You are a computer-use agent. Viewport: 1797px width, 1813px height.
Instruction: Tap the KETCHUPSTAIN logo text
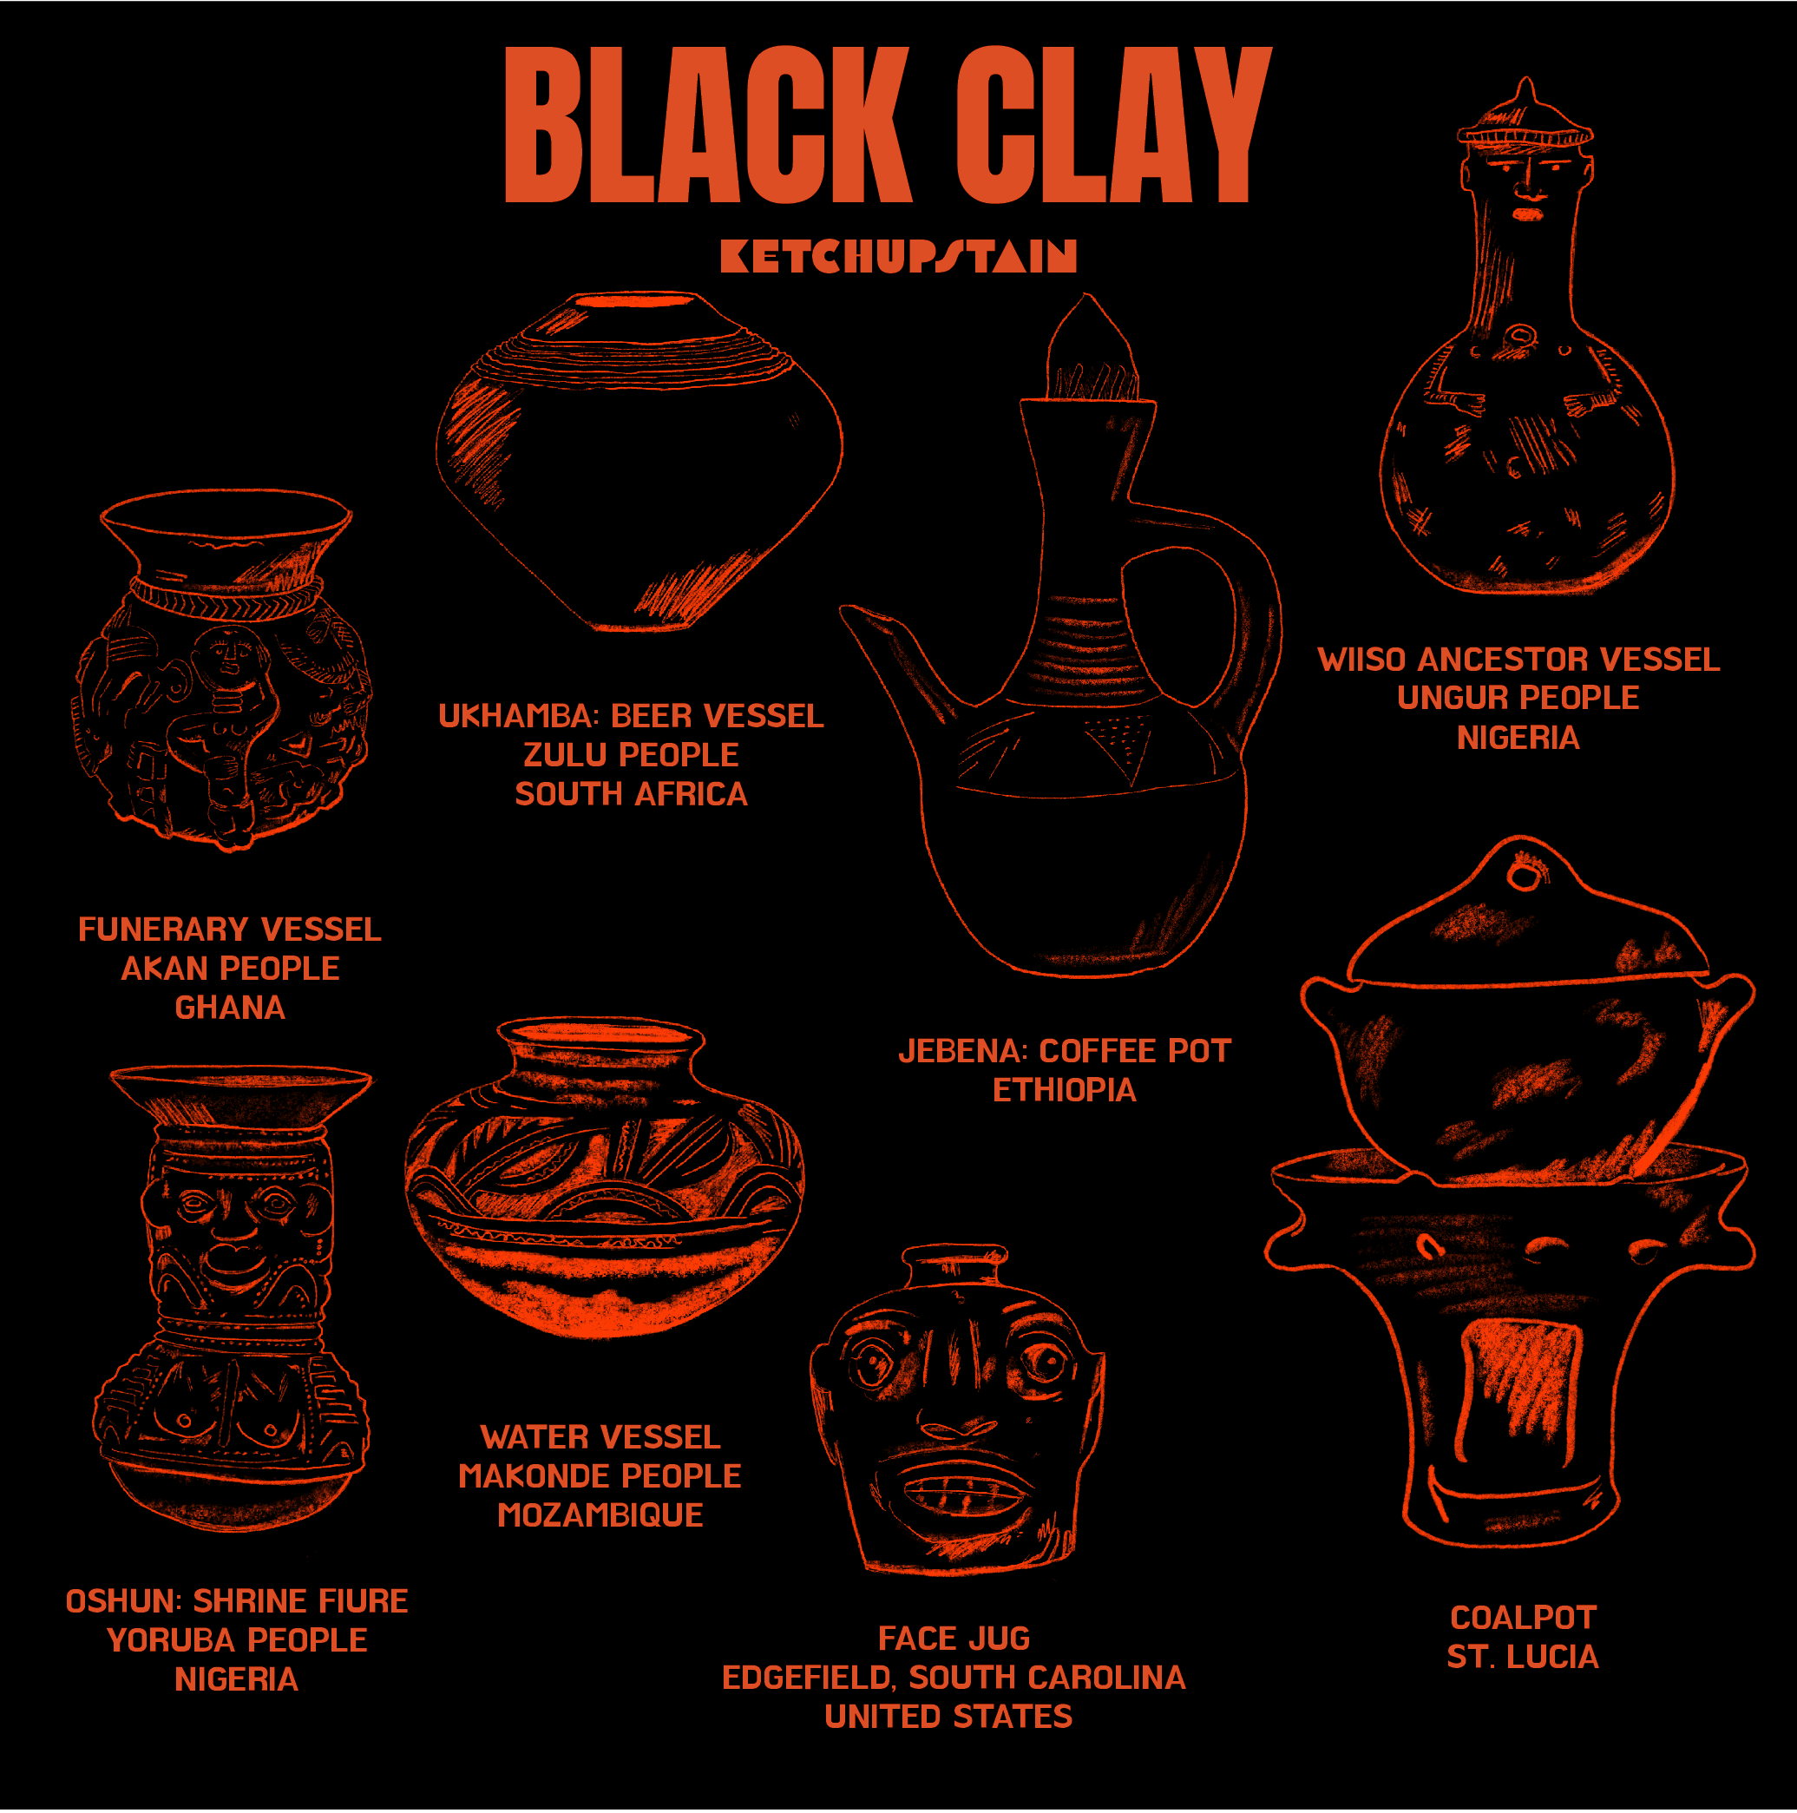coord(898,255)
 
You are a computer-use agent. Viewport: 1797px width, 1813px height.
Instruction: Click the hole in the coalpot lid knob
coord(1525,876)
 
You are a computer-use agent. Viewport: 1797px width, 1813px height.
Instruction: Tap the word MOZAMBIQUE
coord(600,1514)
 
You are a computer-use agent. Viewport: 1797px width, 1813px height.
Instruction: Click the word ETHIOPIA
coord(1064,1089)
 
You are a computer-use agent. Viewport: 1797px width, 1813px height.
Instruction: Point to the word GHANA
coord(230,1007)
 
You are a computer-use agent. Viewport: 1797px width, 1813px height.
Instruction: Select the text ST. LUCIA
coord(1522,1656)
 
